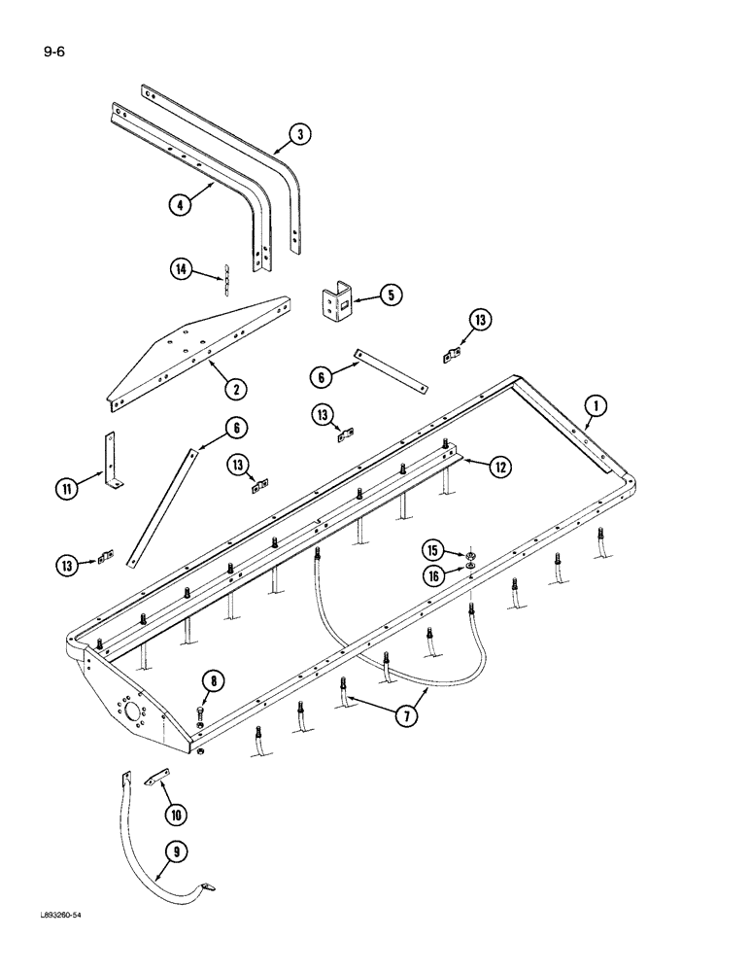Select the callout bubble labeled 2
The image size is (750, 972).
233,389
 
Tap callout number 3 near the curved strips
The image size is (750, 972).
301,135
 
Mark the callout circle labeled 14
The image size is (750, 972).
180,271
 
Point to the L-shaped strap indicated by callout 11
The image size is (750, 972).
110,462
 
